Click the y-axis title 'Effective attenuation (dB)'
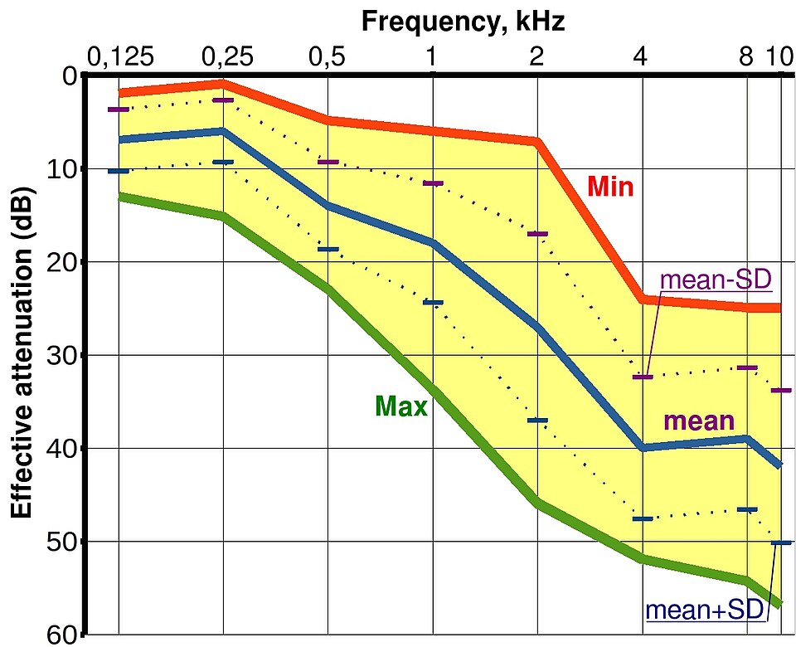click(22, 353)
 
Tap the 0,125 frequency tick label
click(121, 57)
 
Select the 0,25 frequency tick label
click(227, 57)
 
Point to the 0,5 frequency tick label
click(328, 57)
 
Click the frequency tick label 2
click(536, 56)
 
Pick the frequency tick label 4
click(641, 56)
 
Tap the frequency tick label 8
click(745, 56)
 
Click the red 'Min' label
click(611, 187)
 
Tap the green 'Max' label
click(401, 406)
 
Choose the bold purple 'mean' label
click(699, 421)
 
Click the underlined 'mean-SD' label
click(716, 280)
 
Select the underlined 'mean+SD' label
click(705, 610)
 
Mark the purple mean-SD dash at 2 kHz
click(537, 234)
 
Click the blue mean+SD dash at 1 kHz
click(433, 302)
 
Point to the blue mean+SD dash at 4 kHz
click(643, 518)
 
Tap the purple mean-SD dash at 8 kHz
click(747, 367)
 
